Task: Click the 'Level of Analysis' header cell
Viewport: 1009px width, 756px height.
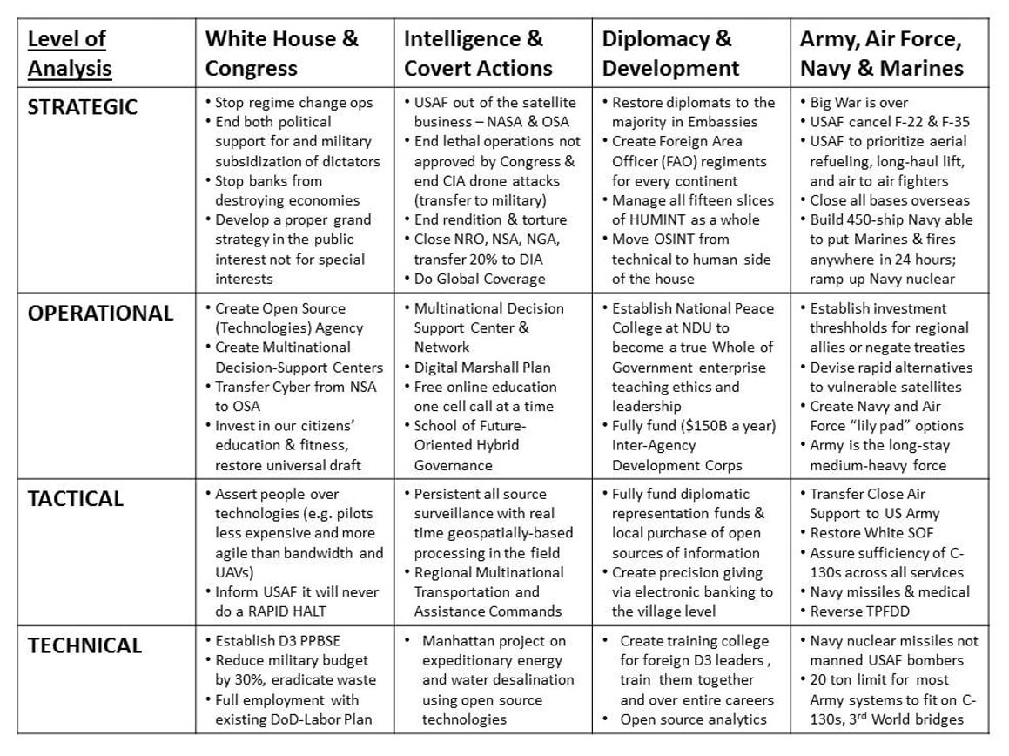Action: point(70,53)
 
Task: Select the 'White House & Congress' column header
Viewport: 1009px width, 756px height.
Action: point(281,53)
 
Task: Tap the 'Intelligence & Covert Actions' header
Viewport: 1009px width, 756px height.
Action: point(478,53)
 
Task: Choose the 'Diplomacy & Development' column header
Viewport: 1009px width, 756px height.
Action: point(670,53)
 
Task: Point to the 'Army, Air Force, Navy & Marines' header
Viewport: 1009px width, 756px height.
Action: point(882,53)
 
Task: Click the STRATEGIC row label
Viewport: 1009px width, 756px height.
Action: point(83,107)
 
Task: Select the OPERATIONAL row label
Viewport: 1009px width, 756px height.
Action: point(100,314)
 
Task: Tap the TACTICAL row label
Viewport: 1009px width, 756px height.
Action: point(76,499)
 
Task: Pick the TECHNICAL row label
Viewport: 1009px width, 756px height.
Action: point(84,645)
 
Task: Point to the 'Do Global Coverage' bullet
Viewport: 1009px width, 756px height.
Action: point(480,279)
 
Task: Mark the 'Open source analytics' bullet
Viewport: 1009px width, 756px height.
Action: point(693,719)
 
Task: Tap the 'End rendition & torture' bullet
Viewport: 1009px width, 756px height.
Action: point(490,219)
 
